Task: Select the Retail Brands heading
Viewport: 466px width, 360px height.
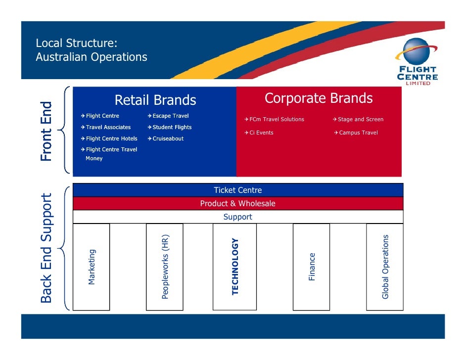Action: pos(155,100)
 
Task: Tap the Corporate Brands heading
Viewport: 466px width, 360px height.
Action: pos(319,98)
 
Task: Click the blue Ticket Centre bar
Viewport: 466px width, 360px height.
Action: pos(238,190)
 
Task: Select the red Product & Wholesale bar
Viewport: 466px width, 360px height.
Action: pos(238,203)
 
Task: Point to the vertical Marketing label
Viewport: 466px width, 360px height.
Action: pos(92,267)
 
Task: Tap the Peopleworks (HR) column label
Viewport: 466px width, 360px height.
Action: pos(165,267)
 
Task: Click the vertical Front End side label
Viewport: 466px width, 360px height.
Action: pos(46,131)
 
